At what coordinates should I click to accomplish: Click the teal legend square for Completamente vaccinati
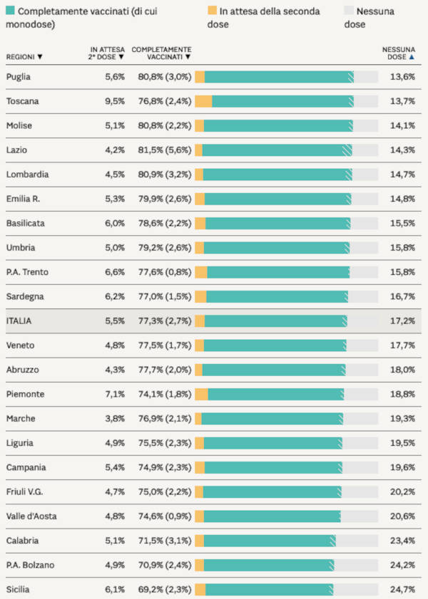pyautogui.click(x=10, y=11)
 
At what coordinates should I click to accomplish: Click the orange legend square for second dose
pyautogui.click(x=212, y=11)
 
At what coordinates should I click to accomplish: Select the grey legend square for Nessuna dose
pyautogui.click(x=349, y=11)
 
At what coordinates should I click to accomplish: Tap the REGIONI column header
pyautogui.click(x=24, y=56)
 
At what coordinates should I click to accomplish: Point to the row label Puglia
pyautogui.click(x=19, y=77)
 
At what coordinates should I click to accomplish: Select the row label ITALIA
pyautogui.click(x=19, y=321)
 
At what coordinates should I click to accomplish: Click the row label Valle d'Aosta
pyautogui.click(x=29, y=516)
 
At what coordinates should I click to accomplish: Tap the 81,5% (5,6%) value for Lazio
pyautogui.click(x=161, y=150)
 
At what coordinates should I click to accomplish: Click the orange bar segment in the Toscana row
pyautogui.click(x=203, y=101)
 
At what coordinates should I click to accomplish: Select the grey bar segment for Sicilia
pyautogui.click(x=356, y=590)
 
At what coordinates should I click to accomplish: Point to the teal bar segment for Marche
pyautogui.click(x=271, y=419)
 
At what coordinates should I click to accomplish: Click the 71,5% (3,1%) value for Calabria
pyautogui.click(x=161, y=541)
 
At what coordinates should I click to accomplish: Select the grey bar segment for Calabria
pyautogui.click(x=357, y=541)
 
